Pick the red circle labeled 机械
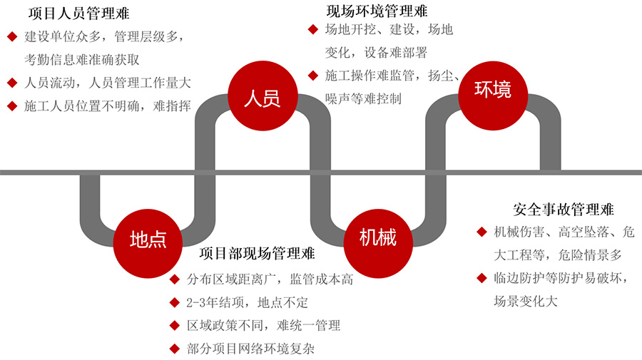(379, 237)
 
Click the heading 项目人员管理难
(78, 14)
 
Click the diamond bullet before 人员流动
(11, 82)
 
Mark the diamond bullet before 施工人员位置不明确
(11, 106)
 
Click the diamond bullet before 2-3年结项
(174, 302)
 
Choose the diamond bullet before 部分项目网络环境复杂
(174, 349)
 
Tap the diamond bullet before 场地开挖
(312, 29)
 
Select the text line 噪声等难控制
(364, 98)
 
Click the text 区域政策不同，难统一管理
(264, 326)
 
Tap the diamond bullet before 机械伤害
(482, 232)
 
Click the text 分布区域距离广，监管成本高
(270, 279)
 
